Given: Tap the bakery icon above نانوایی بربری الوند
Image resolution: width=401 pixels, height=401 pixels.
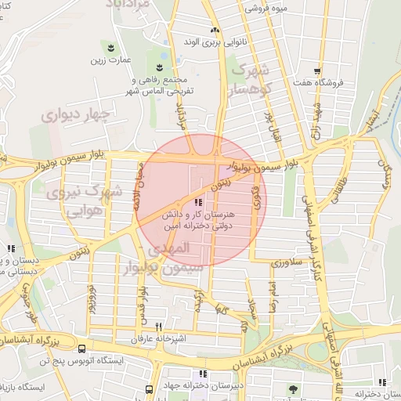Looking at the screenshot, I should point(215,29).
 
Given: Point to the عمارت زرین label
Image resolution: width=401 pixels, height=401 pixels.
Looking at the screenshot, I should point(107,60).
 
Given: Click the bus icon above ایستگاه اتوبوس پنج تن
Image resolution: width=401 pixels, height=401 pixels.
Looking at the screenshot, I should point(83,348).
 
